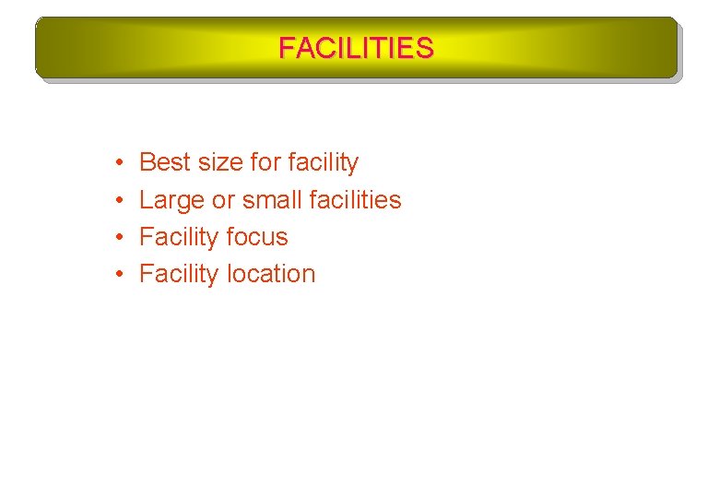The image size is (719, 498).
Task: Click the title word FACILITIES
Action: point(356,48)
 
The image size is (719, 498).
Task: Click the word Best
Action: point(164,163)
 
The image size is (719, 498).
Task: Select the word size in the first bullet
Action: point(220,163)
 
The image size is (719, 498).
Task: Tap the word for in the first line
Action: point(265,163)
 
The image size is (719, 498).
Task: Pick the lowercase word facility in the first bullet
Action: point(323,163)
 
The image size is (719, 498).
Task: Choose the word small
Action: point(273,200)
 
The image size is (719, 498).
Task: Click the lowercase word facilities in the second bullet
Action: point(356,200)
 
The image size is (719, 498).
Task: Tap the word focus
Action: point(257,237)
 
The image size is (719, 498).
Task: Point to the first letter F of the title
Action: point(287,48)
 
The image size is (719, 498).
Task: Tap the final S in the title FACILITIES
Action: point(424,48)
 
